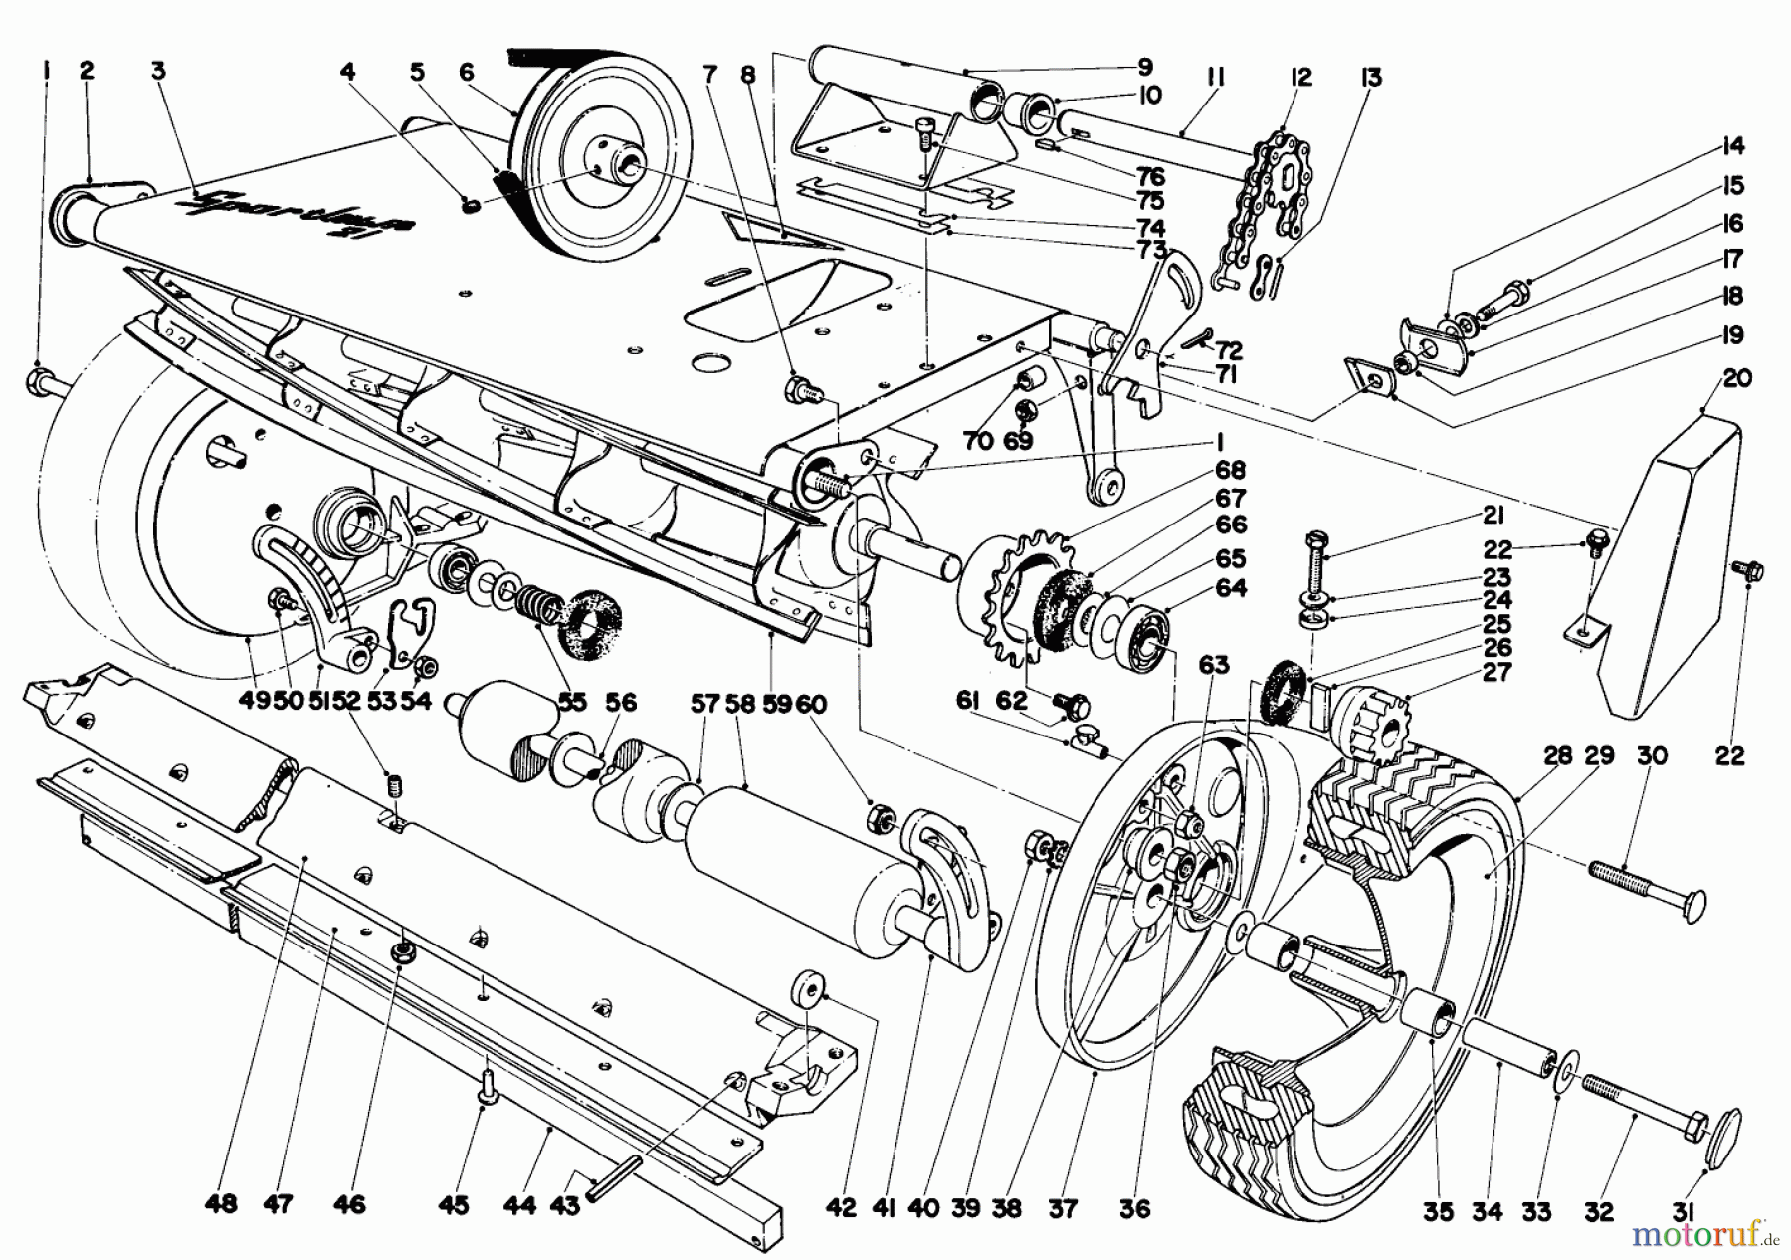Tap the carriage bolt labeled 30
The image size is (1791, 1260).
(x=1647, y=889)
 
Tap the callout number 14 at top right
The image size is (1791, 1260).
(x=1732, y=146)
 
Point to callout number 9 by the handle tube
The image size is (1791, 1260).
(x=1144, y=67)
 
